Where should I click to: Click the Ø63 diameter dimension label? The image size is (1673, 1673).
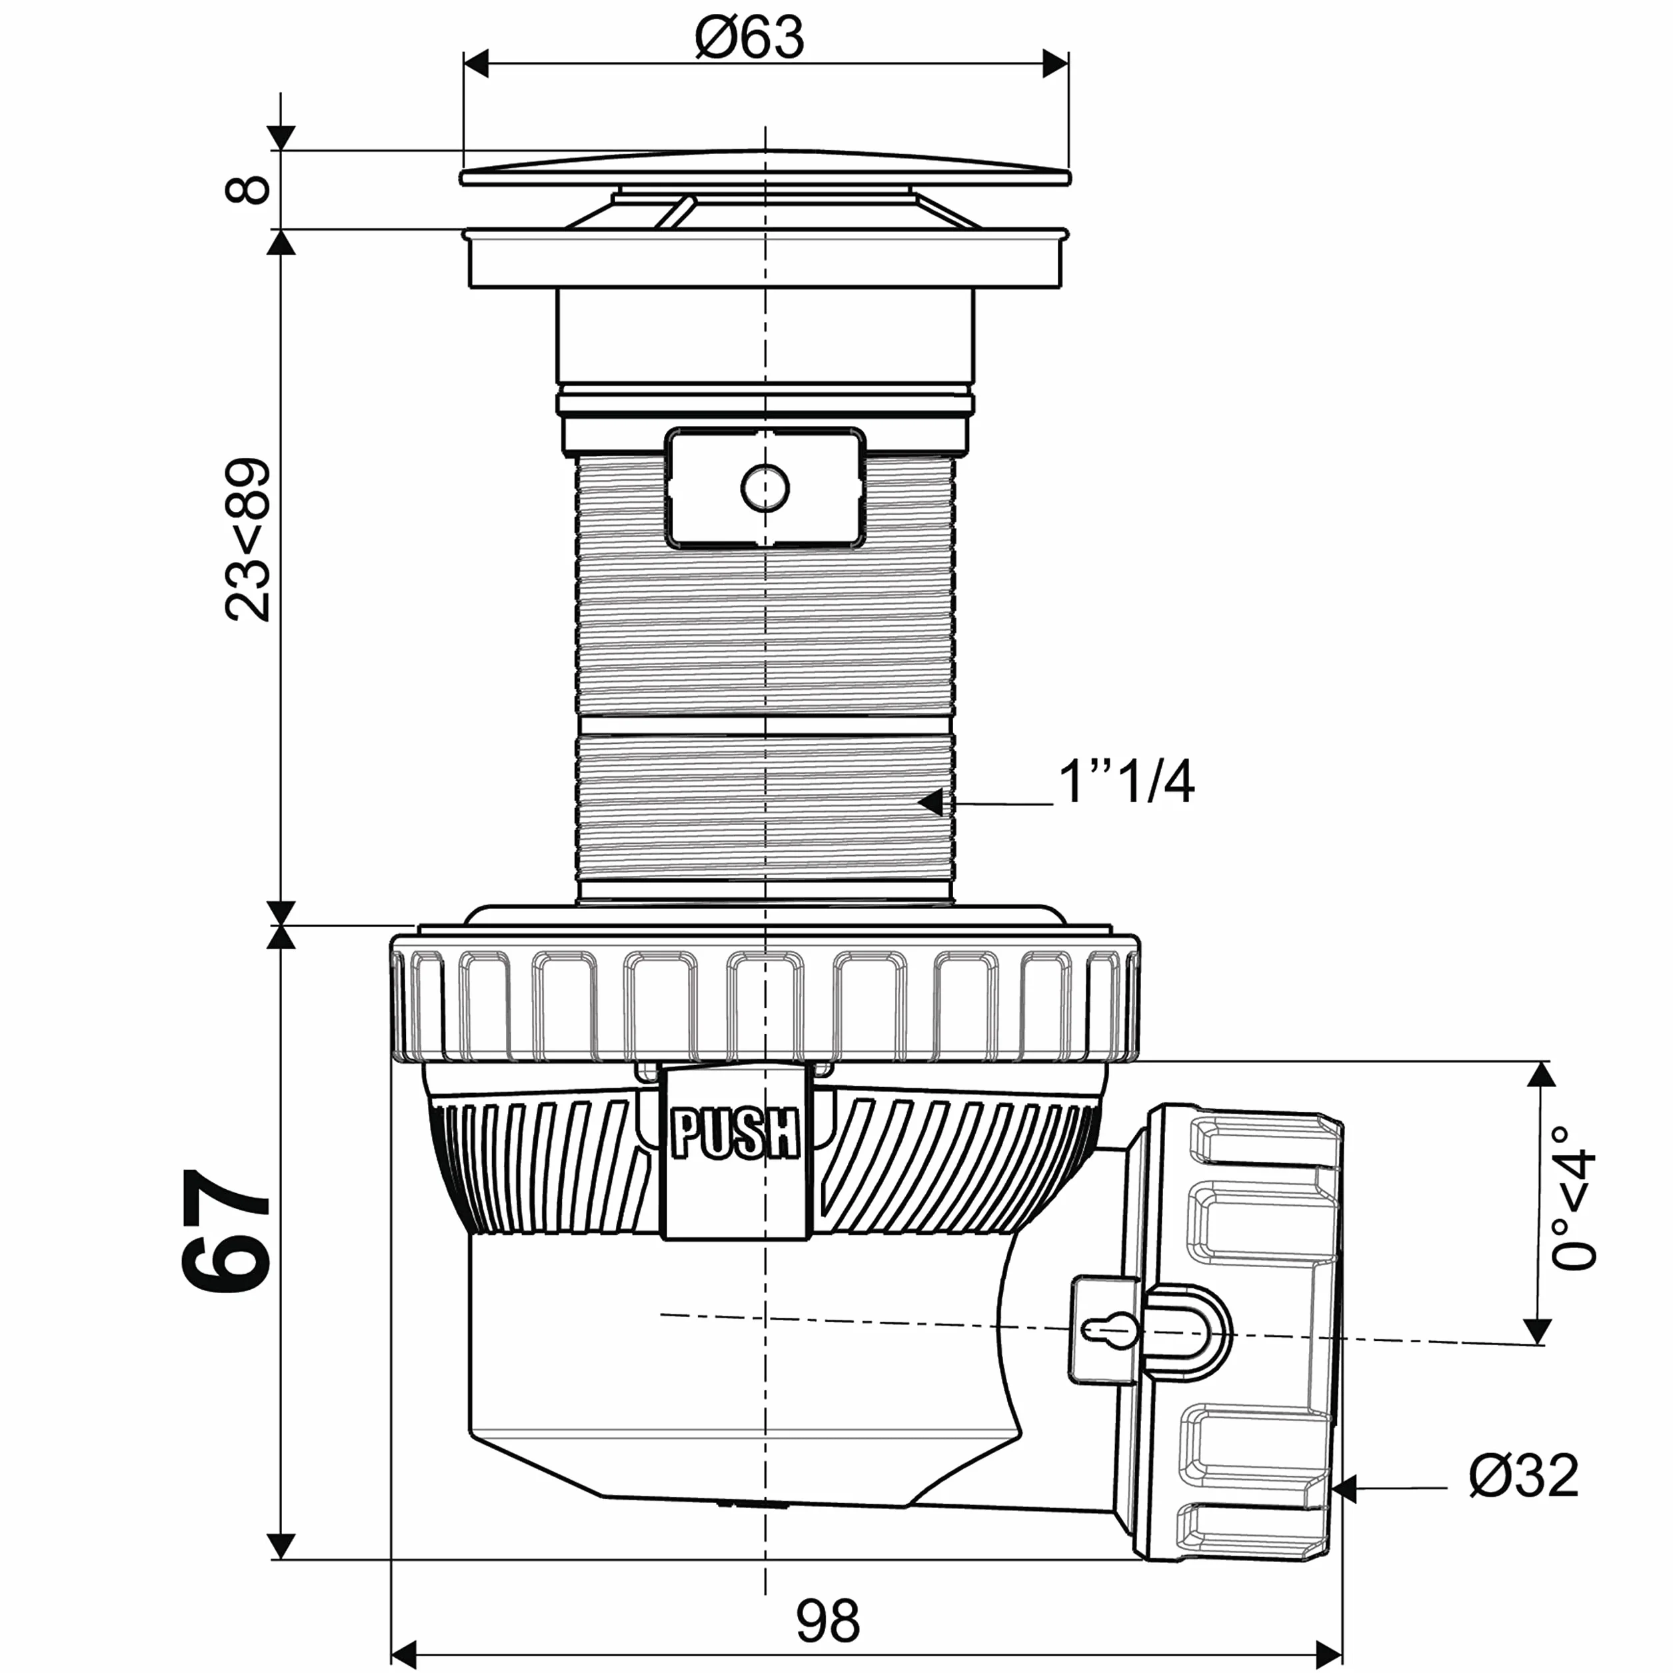pos(750,37)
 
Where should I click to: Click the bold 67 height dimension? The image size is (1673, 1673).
pos(226,1230)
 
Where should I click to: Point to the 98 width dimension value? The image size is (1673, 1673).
pos(828,1621)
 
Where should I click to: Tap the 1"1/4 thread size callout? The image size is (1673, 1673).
pos(1126,782)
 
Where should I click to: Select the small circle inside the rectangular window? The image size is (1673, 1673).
pos(765,489)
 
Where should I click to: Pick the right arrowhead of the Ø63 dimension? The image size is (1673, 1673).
pos(1054,64)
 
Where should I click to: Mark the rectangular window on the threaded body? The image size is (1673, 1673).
pos(765,489)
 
